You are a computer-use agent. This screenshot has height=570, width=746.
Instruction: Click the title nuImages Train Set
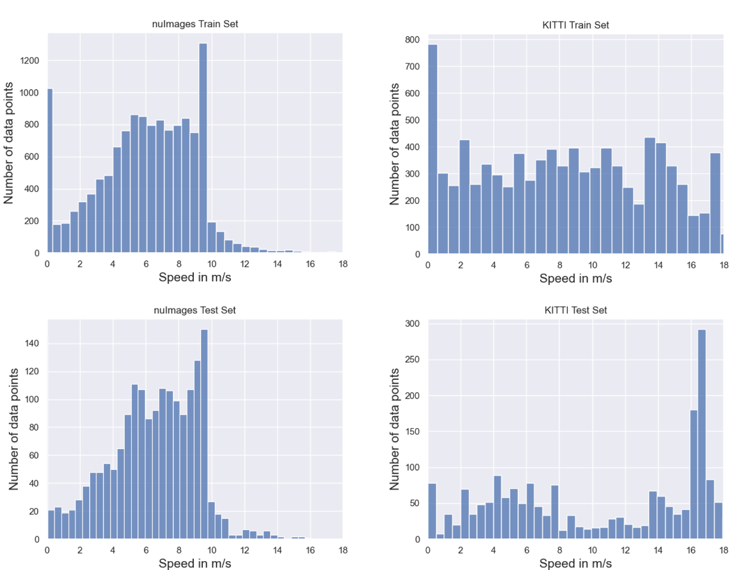point(195,25)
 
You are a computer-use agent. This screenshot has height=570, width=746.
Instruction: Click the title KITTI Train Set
point(575,25)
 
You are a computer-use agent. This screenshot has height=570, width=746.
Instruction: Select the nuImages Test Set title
point(195,310)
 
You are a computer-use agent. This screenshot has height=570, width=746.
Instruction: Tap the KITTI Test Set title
point(575,310)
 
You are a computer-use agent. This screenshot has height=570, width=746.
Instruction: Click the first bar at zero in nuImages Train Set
point(49,171)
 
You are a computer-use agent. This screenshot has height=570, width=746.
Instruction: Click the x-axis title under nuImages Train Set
point(195,277)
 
